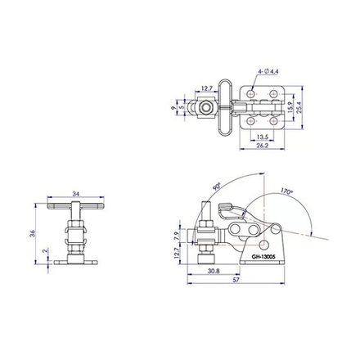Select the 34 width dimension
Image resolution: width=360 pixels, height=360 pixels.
76,194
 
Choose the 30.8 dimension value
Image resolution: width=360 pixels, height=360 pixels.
214,271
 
